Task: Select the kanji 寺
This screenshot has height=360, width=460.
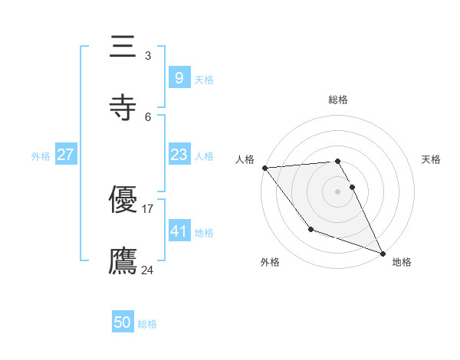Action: (123, 106)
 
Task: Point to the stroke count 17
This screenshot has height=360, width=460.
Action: (148, 208)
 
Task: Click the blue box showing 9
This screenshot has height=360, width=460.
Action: (179, 77)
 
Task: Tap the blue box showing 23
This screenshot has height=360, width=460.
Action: (179, 155)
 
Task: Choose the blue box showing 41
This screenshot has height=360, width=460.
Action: (179, 231)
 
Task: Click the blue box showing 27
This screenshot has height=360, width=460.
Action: (65, 155)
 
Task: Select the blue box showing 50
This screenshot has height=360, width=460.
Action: (123, 322)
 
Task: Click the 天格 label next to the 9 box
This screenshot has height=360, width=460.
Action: (204, 79)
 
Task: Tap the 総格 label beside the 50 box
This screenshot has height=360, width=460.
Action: (147, 324)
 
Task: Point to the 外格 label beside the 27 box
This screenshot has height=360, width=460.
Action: (41, 156)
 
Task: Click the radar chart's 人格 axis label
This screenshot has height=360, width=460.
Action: (245, 159)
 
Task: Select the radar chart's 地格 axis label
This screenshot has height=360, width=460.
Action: (402, 262)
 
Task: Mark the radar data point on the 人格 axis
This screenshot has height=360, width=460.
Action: (264, 168)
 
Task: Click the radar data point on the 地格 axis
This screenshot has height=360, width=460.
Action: (382, 253)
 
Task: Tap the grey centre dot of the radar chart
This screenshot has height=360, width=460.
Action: (337, 191)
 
